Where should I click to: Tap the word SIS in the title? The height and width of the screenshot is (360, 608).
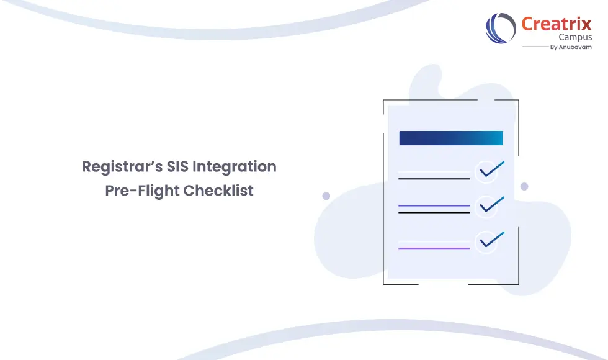[x=178, y=167]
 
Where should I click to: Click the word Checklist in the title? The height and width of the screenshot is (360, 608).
[x=219, y=191]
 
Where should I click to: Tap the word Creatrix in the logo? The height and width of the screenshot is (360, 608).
[x=557, y=24]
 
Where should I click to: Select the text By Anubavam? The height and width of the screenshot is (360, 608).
[x=571, y=47]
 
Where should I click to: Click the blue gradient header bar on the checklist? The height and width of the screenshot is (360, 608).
[x=450, y=138]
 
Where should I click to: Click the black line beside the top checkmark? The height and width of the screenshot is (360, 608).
[x=434, y=179]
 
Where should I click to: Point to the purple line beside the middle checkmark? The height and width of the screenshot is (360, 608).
[x=434, y=205]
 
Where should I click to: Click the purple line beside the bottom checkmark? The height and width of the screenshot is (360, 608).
[x=434, y=248]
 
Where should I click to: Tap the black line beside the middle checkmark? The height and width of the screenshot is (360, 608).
[x=434, y=213]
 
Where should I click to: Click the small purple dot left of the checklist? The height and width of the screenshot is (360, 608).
[x=326, y=196]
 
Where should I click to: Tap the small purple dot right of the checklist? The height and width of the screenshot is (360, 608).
[x=524, y=186]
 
